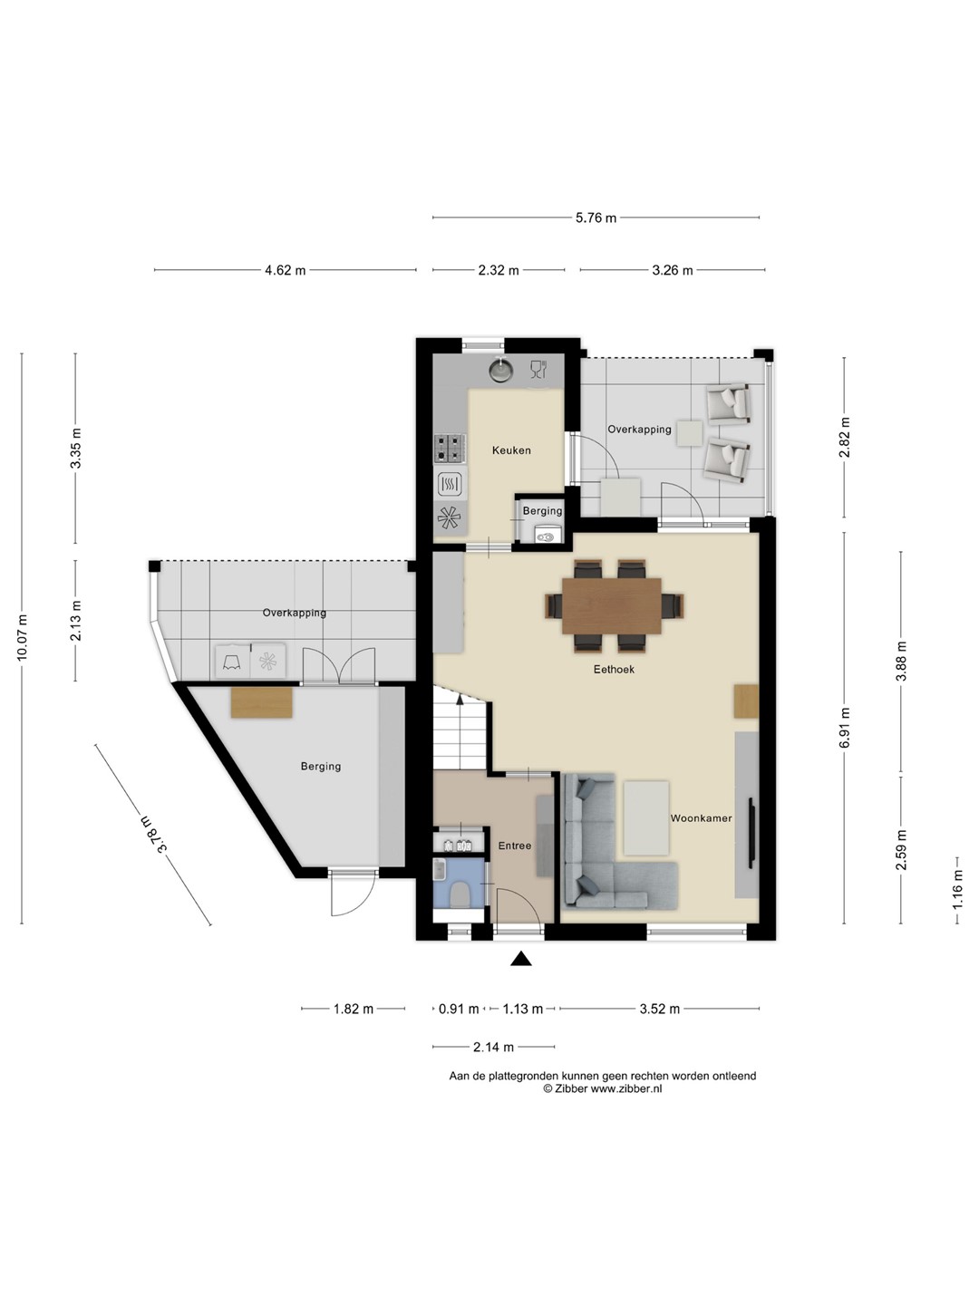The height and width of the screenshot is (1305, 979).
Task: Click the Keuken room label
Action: coord(511,450)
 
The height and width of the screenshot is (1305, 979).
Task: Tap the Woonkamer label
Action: coord(701,818)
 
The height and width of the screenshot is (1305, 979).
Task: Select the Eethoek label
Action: coord(614,670)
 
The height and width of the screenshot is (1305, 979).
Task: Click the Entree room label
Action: coord(515,846)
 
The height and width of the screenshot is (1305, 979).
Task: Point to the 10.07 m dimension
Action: coord(22,637)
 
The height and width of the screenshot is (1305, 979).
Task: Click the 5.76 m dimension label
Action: coord(596,218)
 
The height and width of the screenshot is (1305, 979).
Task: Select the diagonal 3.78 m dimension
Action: coord(154,835)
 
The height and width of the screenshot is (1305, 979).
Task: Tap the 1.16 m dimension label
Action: coord(957,889)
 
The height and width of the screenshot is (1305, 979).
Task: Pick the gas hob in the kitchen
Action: coord(449,449)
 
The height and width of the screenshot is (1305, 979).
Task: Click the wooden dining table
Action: coord(612,606)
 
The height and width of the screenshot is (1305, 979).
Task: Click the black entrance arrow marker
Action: coord(521,959)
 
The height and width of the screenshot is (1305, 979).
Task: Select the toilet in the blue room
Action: coord(460,894)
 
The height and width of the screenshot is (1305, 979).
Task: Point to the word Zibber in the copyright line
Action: coord(571,1088)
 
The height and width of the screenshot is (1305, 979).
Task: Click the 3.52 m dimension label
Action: coord(660,1009)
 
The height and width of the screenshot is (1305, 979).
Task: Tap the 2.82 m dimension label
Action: coord(845,438)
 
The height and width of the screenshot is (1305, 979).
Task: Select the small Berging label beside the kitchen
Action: coord(542,511)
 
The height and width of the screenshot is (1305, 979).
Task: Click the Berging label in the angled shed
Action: coord(321,767)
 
